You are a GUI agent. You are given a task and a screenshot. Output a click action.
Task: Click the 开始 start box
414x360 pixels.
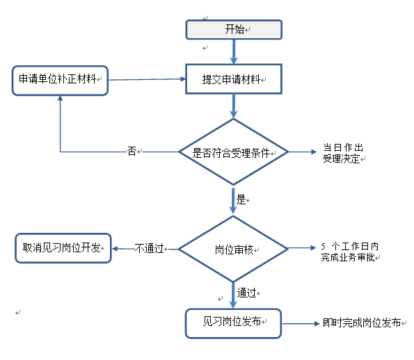[x=234, y=30]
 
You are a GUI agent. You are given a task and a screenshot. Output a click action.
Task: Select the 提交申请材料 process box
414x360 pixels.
[x=234, y=79]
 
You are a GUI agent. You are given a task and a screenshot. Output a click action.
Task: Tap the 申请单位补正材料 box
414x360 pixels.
[x=61, y=81]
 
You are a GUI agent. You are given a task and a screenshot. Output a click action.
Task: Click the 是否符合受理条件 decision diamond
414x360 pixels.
[x=233, y=152]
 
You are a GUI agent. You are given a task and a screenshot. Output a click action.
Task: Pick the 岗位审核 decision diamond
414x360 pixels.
[x=233, y=249]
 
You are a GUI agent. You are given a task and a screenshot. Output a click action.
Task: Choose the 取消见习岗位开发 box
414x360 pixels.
[x=63, y=248]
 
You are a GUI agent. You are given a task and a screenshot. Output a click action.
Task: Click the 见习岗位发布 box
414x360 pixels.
[x=233, y=323]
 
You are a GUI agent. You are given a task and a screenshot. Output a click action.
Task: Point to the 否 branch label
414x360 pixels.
[x=132, y=152]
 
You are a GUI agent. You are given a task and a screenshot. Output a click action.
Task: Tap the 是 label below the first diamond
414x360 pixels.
[x=241, y=199]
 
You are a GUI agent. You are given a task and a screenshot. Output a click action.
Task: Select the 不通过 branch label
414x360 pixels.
[x=149, y=248]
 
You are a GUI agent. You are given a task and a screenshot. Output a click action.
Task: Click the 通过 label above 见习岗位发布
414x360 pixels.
[x=246, y=293]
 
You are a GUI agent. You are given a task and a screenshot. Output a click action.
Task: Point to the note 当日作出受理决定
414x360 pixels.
[x=343, y=153]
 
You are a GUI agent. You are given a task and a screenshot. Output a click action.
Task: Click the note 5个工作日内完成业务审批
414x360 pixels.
[x=350, y=252]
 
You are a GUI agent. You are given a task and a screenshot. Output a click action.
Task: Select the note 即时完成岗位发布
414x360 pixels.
[x=362, y=323]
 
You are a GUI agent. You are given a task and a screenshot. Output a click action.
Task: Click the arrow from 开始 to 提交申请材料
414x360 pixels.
[x=234, y=51]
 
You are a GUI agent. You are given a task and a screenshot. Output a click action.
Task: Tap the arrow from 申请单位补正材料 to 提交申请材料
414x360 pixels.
[x=147, y=79]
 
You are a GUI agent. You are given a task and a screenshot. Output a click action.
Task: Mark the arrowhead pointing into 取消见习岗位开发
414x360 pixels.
[x=115, y=249]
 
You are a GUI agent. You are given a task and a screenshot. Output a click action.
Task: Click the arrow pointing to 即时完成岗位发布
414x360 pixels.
[x=301, y=324]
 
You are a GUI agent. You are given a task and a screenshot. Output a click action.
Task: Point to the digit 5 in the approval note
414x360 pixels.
[x=323, y=247]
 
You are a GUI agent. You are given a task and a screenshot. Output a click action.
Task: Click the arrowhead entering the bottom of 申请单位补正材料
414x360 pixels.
[x=61, y=98]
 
